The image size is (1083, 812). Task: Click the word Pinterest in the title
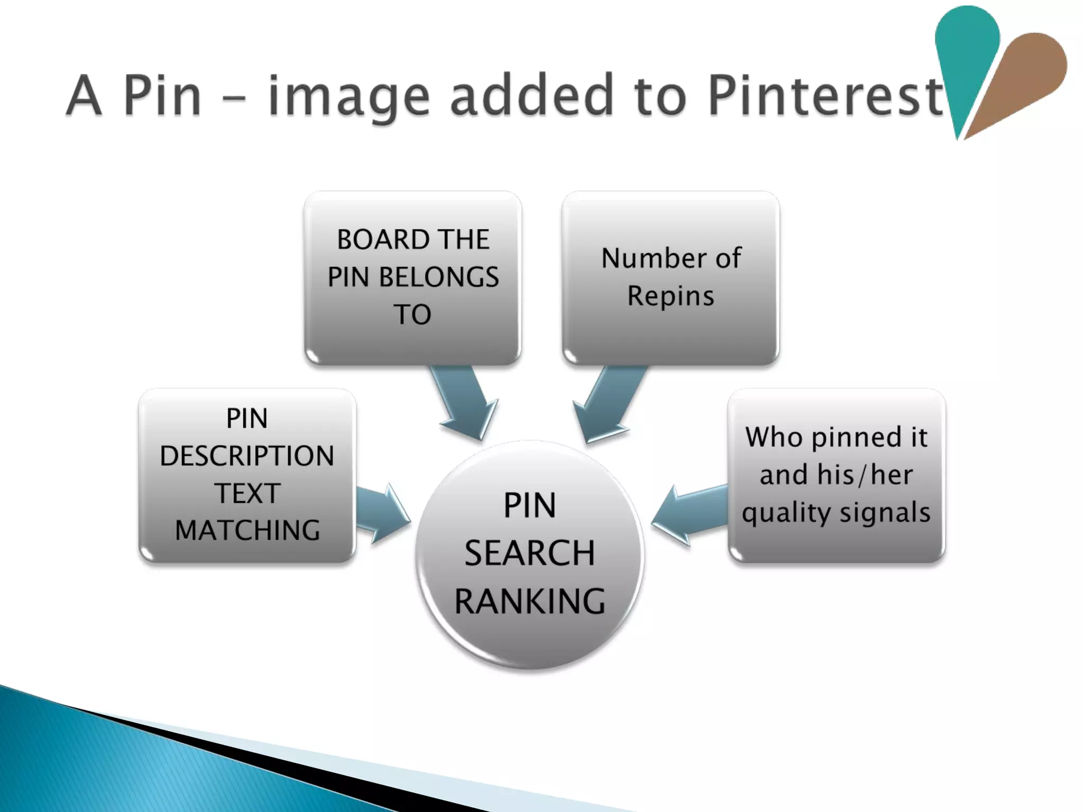pyautogui.click(x=825, y=95)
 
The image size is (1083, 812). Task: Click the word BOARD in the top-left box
pyautogui.click(x=377, y=239)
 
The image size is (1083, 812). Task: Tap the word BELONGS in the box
pyautogui.click(x=439, y=277)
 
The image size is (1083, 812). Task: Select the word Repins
pyautogui.click(x=671, y=296)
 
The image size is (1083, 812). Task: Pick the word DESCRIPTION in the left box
pyautogui.click(x=247, y=456)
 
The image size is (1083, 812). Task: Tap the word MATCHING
pyautogui.click(x=247, y=530)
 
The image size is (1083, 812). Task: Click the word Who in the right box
pyautogui.click(x=773, y=437)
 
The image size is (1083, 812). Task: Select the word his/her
pyautogui.click(x=865, y=475)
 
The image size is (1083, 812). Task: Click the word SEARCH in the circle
pyautogui.click(x=530, y=553)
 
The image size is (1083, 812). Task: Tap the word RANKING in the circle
pyautogui.click(x=530, y=601)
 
